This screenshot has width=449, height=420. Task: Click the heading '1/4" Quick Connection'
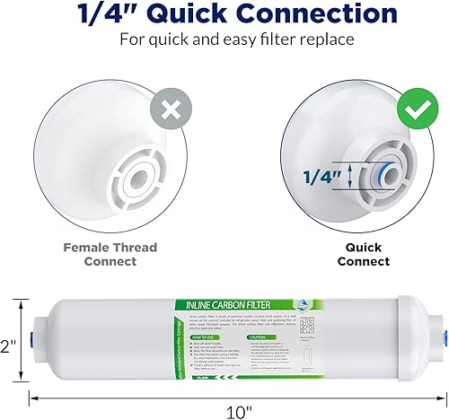coord(224,14)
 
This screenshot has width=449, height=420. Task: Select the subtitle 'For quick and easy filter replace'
coord(224,40)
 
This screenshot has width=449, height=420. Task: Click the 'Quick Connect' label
coord(363,254)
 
